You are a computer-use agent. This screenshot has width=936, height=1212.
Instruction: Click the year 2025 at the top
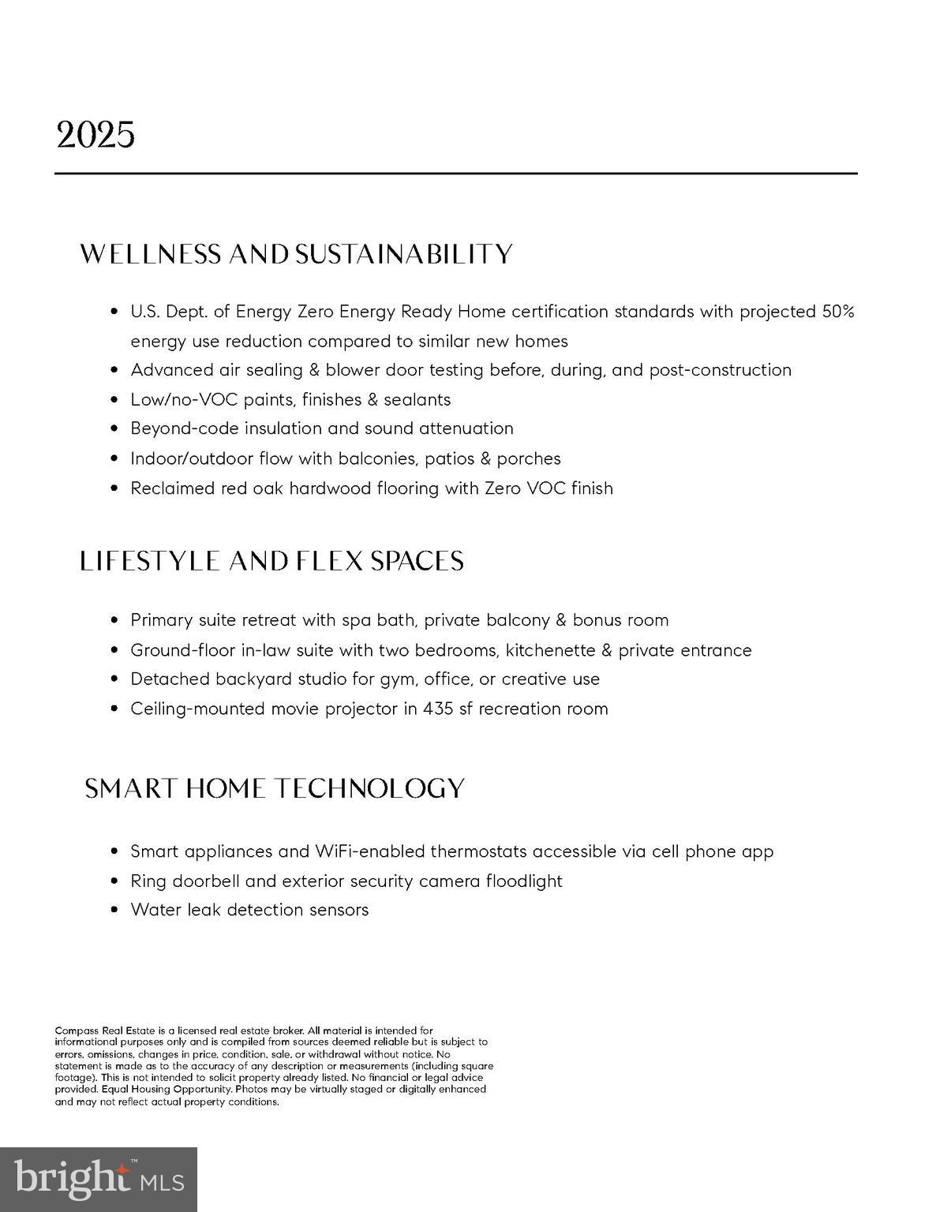point(95,136)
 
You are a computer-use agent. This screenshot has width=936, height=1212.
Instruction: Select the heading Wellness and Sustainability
point(297,254)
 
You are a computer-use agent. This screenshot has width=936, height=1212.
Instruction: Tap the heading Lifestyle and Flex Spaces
point(271,561)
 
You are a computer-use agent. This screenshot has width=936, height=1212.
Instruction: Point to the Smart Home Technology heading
point(275,788)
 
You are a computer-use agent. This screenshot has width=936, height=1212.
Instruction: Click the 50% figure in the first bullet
point(838,312)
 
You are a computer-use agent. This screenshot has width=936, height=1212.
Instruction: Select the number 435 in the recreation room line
point(438,709)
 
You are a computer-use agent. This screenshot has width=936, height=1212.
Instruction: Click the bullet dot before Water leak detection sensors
point(114,910)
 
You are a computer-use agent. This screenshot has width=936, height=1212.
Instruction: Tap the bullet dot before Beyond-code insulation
point(114,428)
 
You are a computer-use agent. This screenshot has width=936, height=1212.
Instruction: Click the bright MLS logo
point(99,1180)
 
